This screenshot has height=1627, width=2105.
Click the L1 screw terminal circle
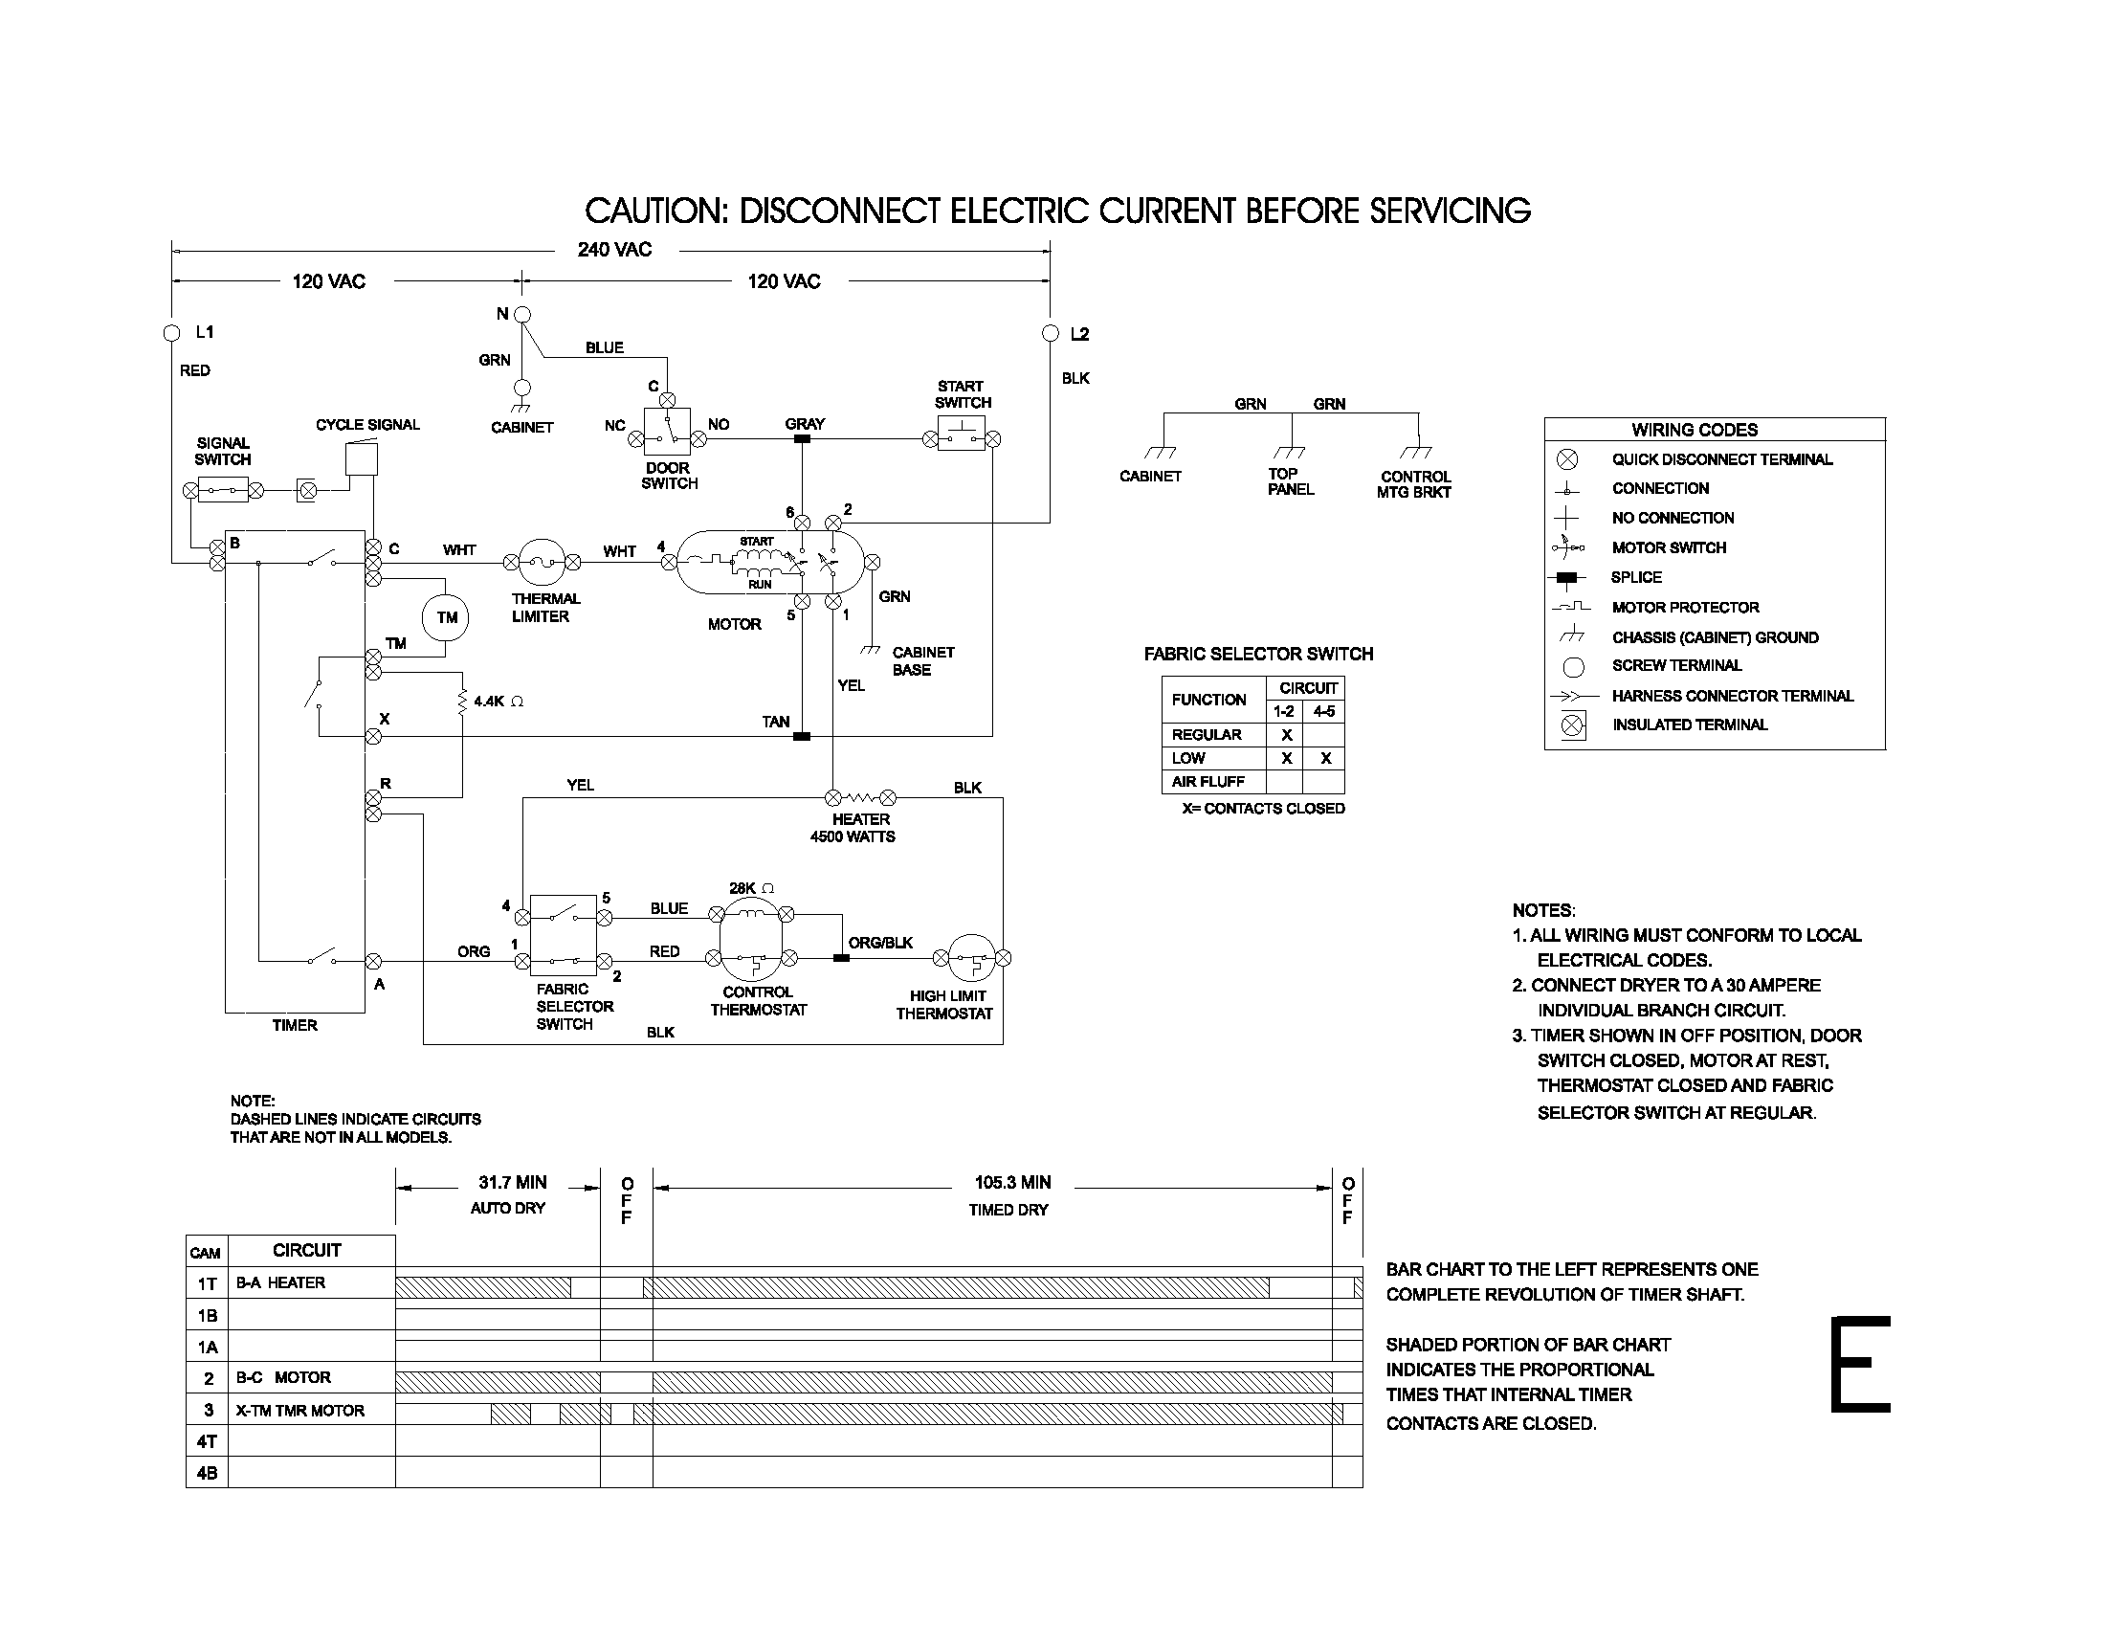171,332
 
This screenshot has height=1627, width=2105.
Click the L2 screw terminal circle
1051,332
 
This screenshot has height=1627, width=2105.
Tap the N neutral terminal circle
522,314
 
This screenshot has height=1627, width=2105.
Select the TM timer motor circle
445,618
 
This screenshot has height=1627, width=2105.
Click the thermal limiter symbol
543,562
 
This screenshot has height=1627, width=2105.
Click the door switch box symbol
667,431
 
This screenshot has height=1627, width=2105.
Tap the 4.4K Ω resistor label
499,702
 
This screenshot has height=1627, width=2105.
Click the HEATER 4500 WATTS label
853,828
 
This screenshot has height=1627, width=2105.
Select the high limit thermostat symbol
970,958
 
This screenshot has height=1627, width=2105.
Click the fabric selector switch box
563,935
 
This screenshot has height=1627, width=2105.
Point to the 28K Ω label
752,888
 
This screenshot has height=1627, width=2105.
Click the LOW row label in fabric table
1188,759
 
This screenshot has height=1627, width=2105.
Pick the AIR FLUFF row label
1208,782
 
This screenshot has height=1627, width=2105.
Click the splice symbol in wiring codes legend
1568,578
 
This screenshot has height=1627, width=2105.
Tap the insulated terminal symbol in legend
1572,724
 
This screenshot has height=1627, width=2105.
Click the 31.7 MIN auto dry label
512,1183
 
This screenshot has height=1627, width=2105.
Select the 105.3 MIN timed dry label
1012,1183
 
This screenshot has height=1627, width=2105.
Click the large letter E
1860,1365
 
